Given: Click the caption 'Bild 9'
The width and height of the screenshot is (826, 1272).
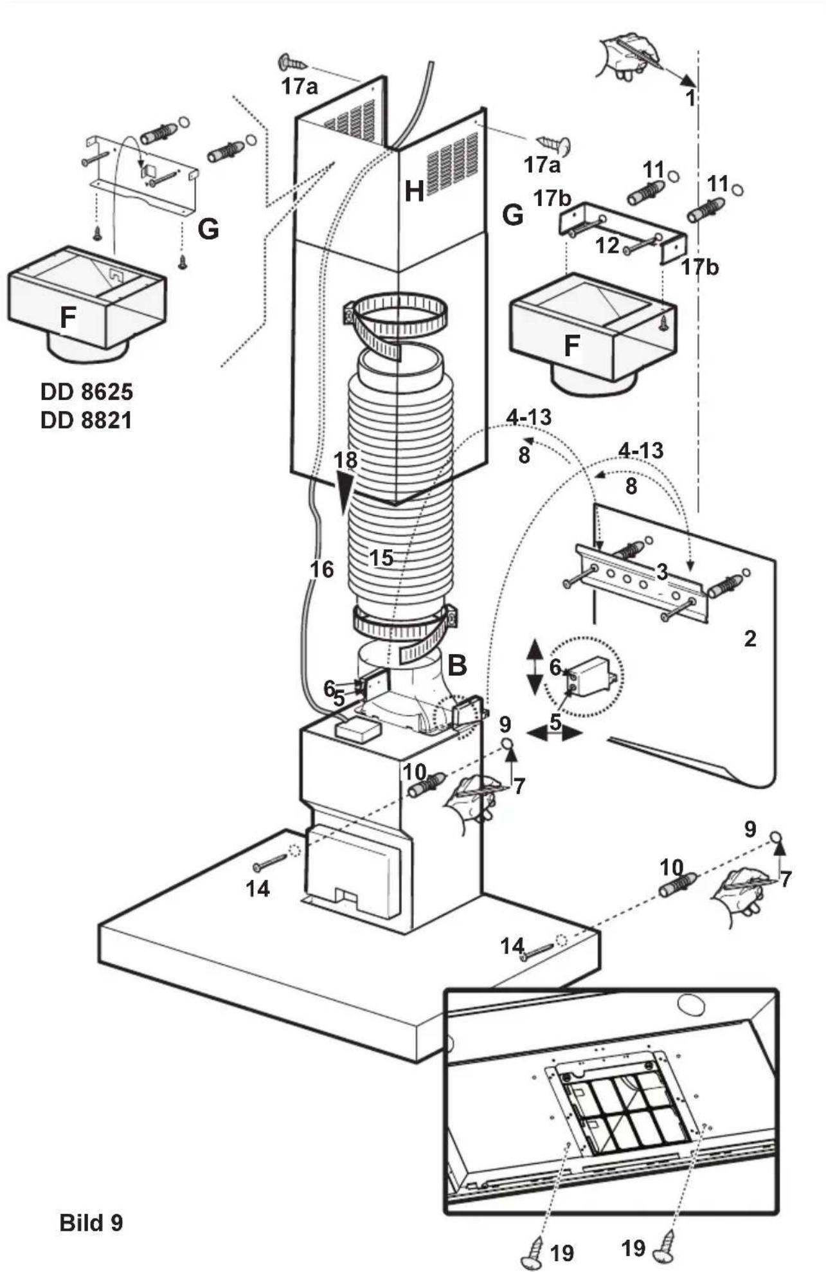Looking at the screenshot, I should click(91, 1222).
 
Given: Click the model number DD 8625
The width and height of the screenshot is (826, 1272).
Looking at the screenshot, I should click(86, 392).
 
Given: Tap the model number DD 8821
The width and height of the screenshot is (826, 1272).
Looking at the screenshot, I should click(86, 421).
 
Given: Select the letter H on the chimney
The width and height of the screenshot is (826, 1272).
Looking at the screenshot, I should click(414, 191).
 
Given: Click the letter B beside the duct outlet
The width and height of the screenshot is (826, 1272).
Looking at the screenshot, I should click(456, 666).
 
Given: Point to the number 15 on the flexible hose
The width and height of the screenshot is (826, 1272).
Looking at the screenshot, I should click(381, 558).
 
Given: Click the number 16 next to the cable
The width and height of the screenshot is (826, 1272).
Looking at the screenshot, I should click(322, 568).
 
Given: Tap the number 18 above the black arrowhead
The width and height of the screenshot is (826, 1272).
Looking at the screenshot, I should click(346, 460).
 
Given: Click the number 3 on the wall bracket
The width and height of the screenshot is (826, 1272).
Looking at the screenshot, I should click(662, 571).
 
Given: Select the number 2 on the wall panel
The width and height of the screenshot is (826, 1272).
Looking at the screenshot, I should click(750, 639).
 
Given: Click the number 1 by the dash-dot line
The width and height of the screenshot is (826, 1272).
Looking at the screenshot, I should click(690, 98).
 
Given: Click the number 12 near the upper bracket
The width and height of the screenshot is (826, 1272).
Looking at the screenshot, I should click(607, 245).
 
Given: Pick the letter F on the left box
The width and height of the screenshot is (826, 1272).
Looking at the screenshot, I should click(67, 317).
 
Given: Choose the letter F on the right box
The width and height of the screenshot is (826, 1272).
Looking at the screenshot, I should click(571, 347).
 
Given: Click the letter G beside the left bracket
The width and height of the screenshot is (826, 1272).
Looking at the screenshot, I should click(208, 229).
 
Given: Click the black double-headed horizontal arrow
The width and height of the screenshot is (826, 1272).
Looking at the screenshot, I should click(554, 733).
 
